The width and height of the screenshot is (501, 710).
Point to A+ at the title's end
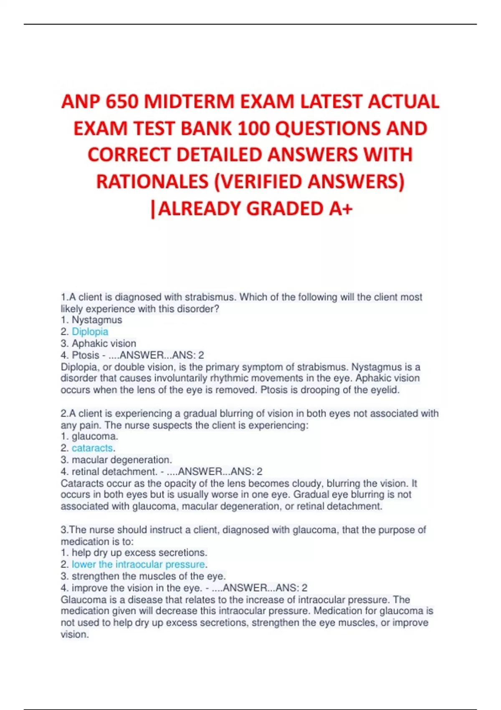pyautogui.click(x=340, y=208)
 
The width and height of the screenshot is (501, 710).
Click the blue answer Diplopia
pyautogui.click(x=90, y=332)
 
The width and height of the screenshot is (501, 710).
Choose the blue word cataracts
pyautogui.click(x=92, y=448)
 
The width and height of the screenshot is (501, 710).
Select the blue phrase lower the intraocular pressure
pyautogui.click(x=138, y=564)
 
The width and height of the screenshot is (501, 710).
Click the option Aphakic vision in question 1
pyautogui.click(x=104, y=343)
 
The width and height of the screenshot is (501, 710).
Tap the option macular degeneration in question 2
pyautogui.click(x=121, y=460)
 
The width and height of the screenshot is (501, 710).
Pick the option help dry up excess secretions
pyautogui.click(x=139, y=553)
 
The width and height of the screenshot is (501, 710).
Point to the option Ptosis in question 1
pyautogui.click(x=86, y=355)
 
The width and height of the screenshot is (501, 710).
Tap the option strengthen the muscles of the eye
pyautogui.click(x=149, y=576)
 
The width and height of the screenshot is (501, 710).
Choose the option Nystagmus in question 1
pyautogui.click(x=97, y=320)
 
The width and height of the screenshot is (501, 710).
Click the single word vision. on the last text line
pyautogui.click(x=75, y=634)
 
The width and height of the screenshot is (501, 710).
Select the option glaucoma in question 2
pyautogui.click(x=95, y=436)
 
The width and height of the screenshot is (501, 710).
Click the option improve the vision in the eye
pyautogui.click(x=137, y=588)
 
